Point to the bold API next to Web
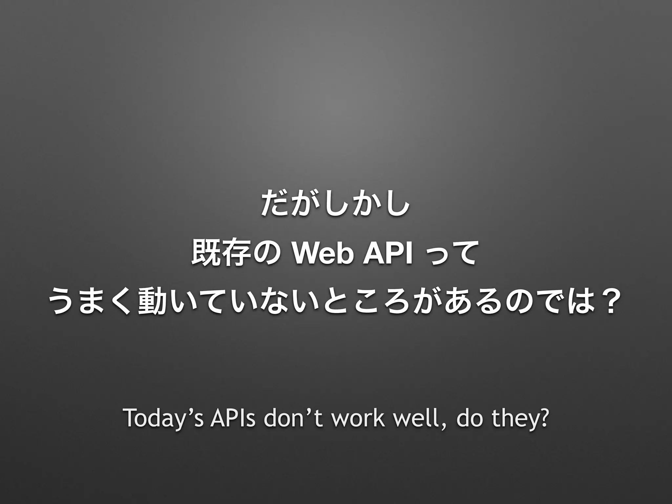tap(386, 253)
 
